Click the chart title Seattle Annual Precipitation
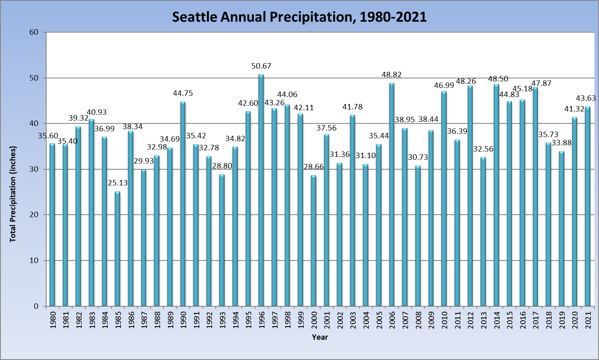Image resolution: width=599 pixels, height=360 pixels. click(x=299, y=17)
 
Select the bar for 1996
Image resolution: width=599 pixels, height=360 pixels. click(x=261, y=190)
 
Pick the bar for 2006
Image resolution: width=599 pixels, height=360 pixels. click(x=391, y=194)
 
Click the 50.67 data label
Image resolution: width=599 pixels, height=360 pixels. click(x=261, y=66)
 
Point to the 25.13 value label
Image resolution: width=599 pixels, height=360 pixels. click(x=118, y=183)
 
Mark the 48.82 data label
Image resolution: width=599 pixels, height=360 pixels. click(x=391, y=75)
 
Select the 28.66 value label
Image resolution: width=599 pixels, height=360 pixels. click(x=314, y=167)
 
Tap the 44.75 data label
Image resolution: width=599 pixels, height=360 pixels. click(x=183, y=93)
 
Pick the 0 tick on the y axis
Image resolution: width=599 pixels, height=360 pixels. click(x=36, y=306)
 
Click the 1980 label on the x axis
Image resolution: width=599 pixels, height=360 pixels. click(x=53, y=320)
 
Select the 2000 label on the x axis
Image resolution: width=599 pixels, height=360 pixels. click(x=314, y=320)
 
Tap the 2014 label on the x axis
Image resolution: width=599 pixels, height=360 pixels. click(x=497, y=320)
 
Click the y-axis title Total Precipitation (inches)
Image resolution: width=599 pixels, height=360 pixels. click(x=13, y=194)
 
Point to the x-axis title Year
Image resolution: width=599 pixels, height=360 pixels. click(x=320, y=337)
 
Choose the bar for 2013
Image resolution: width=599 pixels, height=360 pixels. click(x=483, y=232)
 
